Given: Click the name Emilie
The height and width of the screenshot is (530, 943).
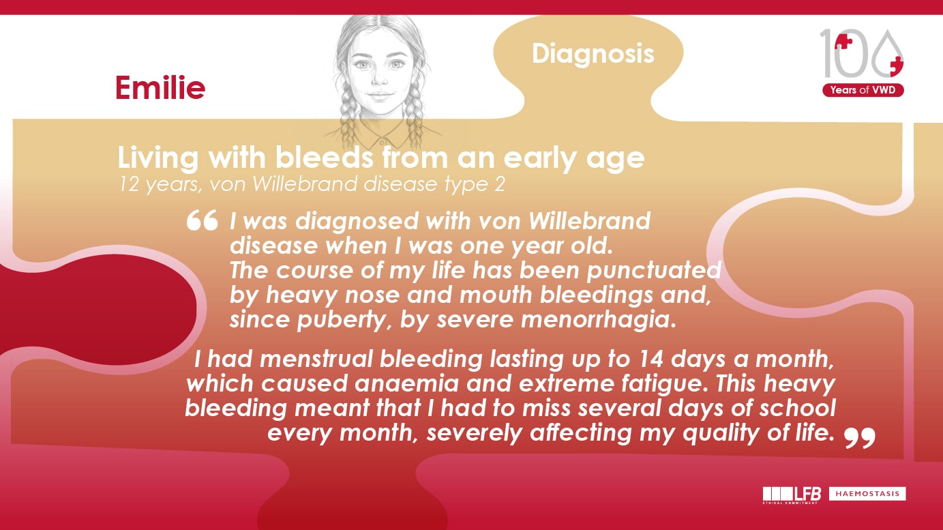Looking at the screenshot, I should click(x=160, y=88).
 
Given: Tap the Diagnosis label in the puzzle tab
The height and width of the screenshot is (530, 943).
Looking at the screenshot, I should click(x=593, y=54).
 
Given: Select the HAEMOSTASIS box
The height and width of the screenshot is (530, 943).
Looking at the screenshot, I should click(x=867, y=493).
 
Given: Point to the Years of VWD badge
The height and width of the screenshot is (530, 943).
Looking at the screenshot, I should click(x=863, y=90).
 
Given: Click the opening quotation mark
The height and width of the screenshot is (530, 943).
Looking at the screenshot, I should click(x=201, y=221).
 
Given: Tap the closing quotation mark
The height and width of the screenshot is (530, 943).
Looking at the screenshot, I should click(x=859, y=438).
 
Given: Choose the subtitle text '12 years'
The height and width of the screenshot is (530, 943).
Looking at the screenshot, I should click(x=149, y=185).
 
